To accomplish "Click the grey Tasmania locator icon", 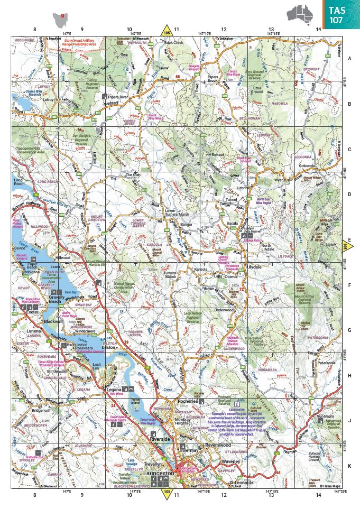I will coord(62,17).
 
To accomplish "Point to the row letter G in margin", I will coord(349,330).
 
